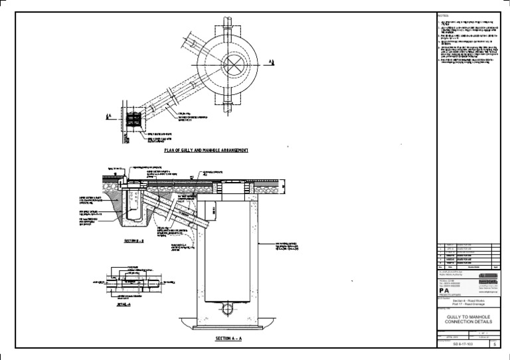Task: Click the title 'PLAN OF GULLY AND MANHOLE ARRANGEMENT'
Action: tap(207, 151)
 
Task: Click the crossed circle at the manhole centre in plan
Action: tap(235, 64)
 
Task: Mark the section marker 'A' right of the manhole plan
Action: tap(271, 61)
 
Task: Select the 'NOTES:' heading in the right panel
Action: tap(444, 15)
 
